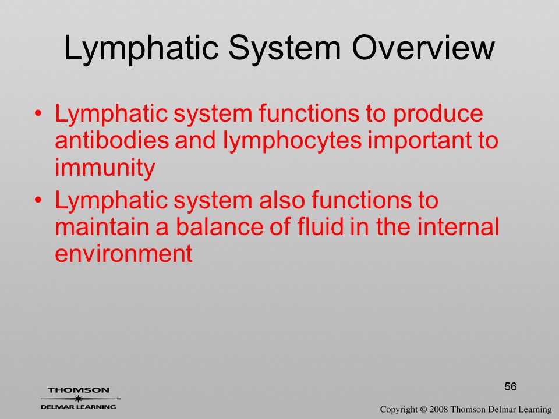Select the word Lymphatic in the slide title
pos(141,49)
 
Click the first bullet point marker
pos(38,113)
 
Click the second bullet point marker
pos(38,200)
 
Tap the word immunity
pos(105,168)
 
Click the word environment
pos(123,253)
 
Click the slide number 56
pos(511,386)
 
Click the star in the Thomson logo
pos(78,398)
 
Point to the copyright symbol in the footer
pos(423,410)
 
